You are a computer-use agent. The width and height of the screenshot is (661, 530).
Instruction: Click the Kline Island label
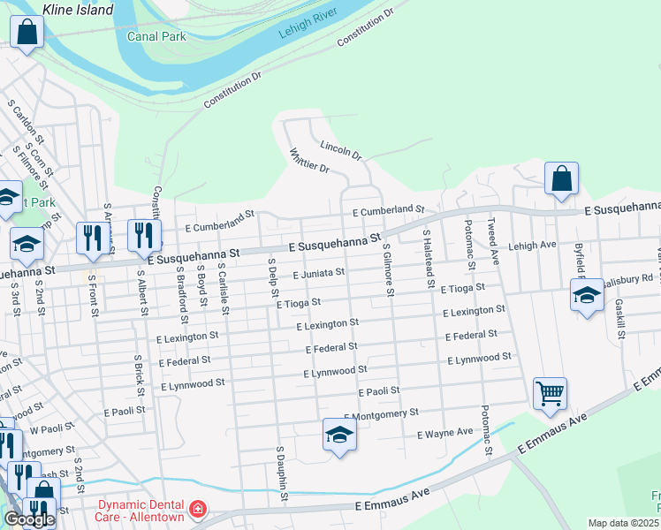pos(79,10)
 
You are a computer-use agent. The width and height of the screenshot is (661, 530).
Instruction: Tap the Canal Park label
pos(156,37)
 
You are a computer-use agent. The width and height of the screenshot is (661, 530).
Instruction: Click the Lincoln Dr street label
pos(341,150)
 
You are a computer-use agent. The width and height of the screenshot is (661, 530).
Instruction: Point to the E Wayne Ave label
pos(444,434)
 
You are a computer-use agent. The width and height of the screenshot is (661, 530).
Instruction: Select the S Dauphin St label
pos(282,473)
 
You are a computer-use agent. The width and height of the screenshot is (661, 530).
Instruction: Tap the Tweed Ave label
pos(494,238)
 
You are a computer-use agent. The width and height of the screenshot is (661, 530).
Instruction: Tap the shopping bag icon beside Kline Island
pos(28,33)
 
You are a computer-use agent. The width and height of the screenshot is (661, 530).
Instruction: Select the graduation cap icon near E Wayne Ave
pos(338,434)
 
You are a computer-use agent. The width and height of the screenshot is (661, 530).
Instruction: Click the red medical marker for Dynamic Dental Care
pos(197,509)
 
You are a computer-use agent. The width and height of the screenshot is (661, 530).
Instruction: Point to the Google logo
pos(28,520)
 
